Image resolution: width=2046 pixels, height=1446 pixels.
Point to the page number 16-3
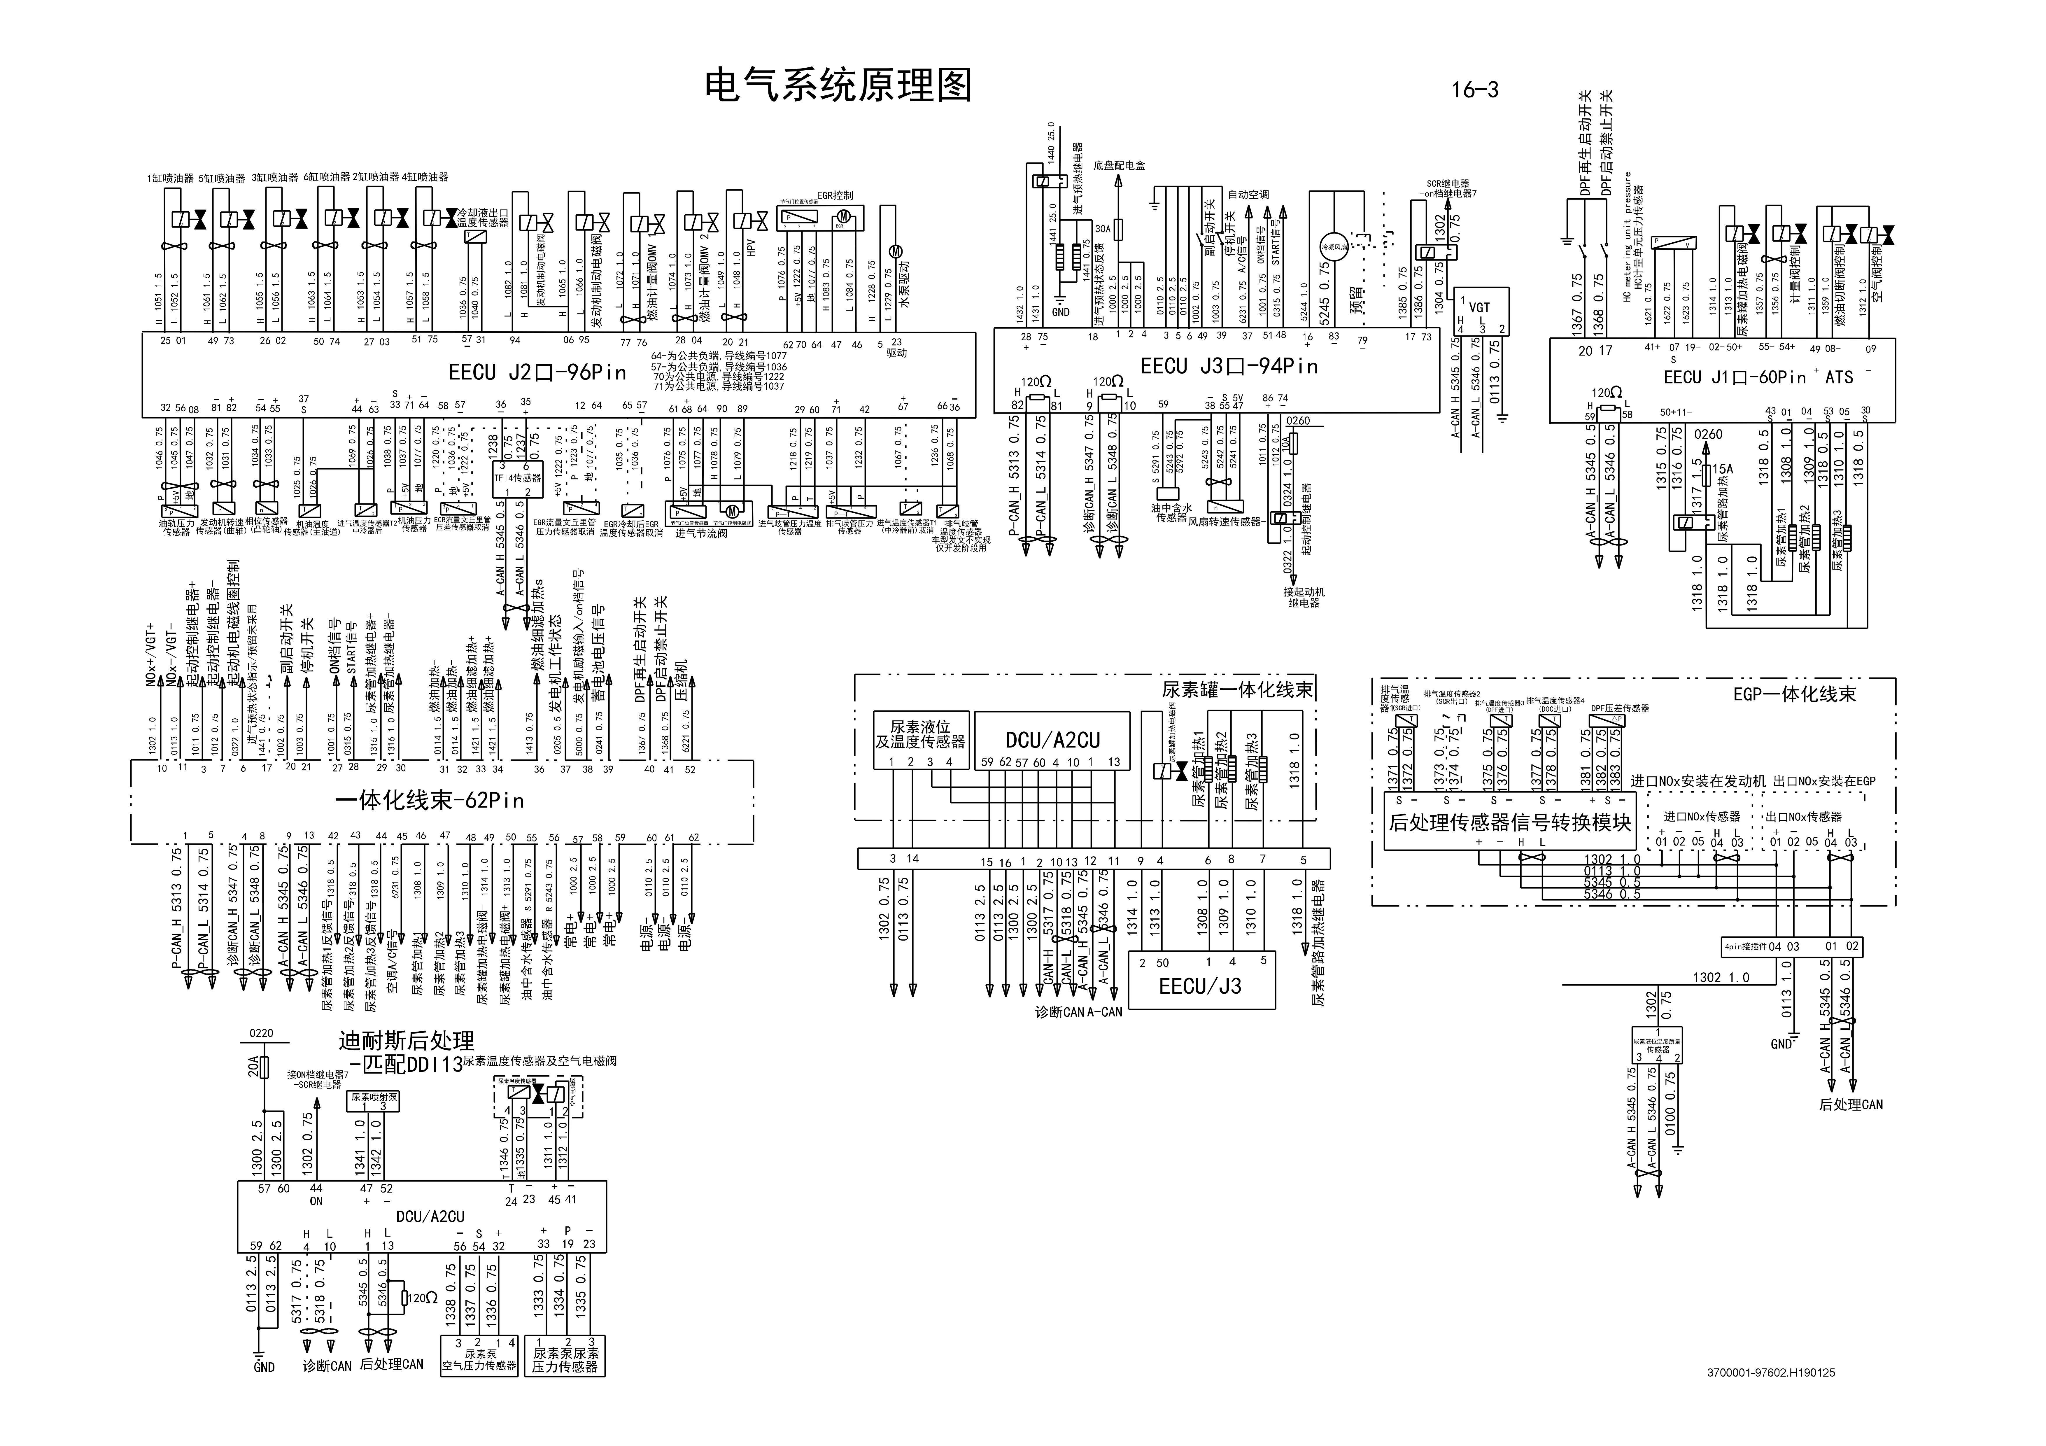(x=1475, y=90)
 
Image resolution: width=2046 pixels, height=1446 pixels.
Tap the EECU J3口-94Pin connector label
(x=1229, y=366)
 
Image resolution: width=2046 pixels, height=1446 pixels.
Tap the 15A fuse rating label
(x=1723, y=469)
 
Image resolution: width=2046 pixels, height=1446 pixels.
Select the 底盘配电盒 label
(x=1119, y=166)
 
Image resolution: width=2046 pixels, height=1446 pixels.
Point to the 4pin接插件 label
(x=1744, y=947)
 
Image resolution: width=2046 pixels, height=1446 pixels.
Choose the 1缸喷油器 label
(x=170, y=178)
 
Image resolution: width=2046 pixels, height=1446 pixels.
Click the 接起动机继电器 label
(x=1304, y=597)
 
